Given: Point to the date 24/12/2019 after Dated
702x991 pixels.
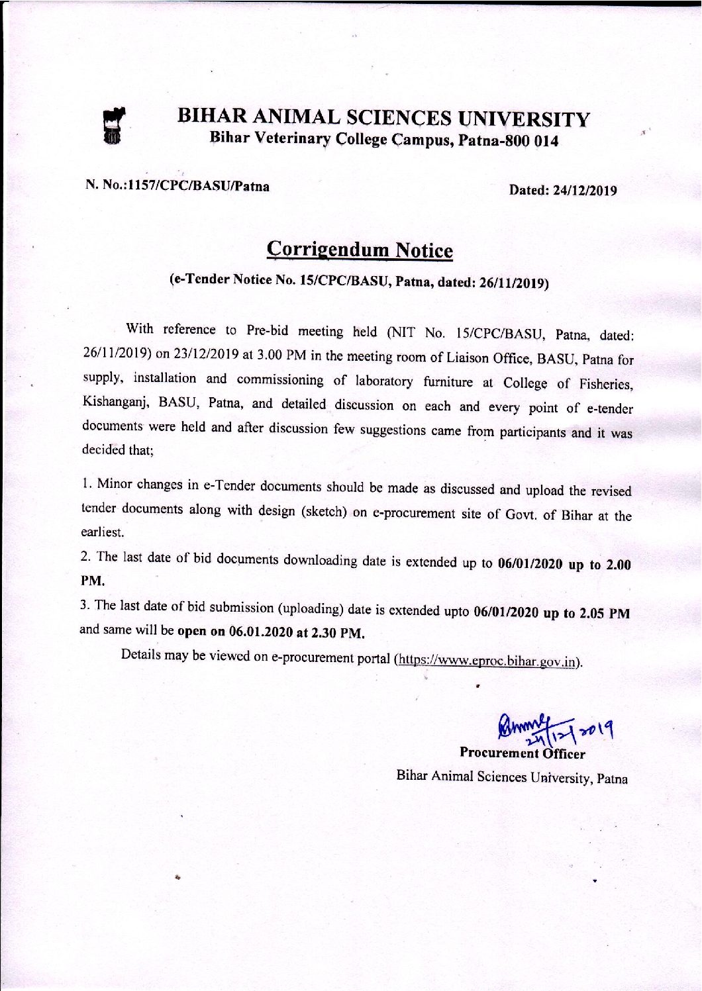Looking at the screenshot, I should [585, 191].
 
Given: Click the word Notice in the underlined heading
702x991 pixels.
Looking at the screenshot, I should [424, 251].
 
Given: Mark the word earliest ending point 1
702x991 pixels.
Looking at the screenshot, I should [103, 532].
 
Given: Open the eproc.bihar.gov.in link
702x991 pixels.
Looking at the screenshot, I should [488, 661].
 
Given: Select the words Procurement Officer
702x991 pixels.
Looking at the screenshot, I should [522, 753].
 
